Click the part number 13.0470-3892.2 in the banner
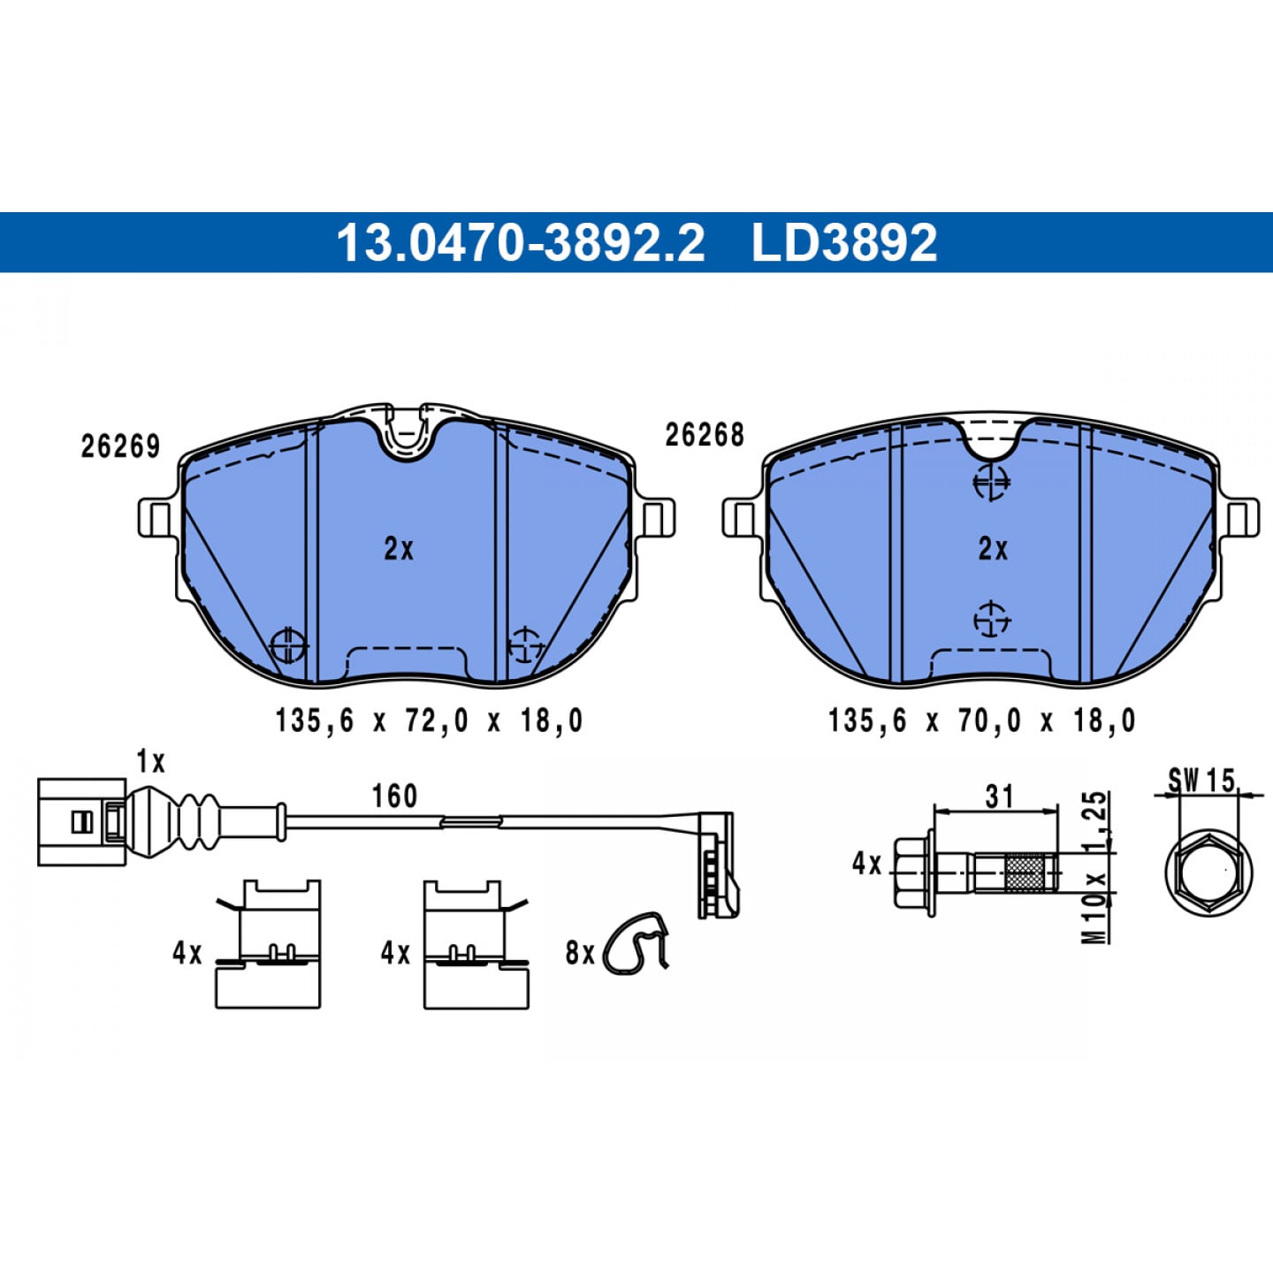click(x=521, y=242)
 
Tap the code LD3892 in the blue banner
click(x=844, y=242)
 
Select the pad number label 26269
click(x=120, y=446)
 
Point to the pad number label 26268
click(x=705, y=435)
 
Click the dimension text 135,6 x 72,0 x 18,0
click(x=429, y=720)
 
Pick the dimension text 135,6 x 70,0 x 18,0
click(x=981, y=720)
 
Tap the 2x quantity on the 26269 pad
click(x=399, y=548)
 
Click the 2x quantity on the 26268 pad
click(x=993, y=548)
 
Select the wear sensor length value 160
click(x=394, y=796)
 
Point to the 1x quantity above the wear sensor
click(x=150, y=762)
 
